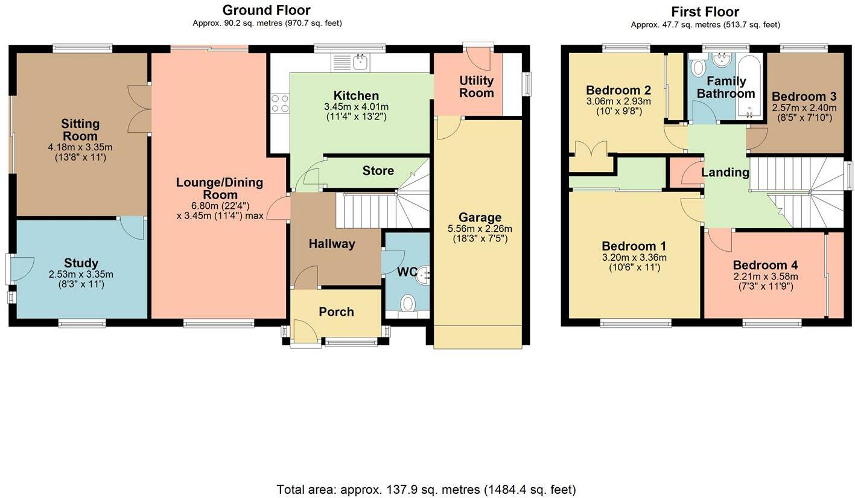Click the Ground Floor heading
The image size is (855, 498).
pos(267,10)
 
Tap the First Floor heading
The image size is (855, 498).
pos(705,12)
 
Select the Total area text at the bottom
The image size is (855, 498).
pos(426,489)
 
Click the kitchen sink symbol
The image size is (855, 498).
pos(351,62)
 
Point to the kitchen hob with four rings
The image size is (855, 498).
pos(280,103)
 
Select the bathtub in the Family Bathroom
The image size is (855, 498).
pos(750,86)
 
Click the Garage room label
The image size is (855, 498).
pos(480,217)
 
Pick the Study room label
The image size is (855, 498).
pos(81,263)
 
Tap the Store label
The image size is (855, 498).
pos(378,170)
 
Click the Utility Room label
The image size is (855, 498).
pos(476,87)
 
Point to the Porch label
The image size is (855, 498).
pos(336,311)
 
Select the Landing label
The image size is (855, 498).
pos(725,172)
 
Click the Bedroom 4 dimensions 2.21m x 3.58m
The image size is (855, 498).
pos(765,276)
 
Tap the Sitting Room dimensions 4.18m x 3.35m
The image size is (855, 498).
pos(80,147)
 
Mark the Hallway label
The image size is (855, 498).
pos(332,244)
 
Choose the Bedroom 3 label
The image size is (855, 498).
pos(804,96)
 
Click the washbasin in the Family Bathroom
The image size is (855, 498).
pos(721,60)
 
